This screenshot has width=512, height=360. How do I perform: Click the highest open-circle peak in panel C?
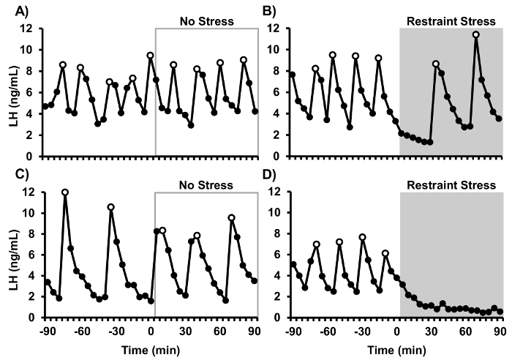click(x=65, y=192)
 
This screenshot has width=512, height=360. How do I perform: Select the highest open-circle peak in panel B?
click(x=476, y=34)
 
